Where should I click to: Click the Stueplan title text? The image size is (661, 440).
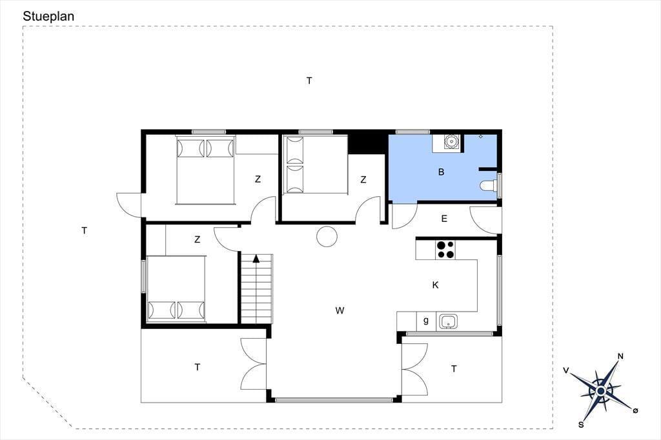pyautogui.click(x=48, y=16)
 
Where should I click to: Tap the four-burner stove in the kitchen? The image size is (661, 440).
pyautogui.click(x=445, y=249)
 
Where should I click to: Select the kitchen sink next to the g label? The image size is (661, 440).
pyautogui.click(x=449, y=321)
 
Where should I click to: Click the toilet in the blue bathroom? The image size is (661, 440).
pyautogui.click(x=489, y=185)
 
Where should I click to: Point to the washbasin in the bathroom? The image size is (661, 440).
pyautogui.click(x=451, y=141)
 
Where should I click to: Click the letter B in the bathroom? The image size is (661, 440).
pyautogui.click(x=442, y=172)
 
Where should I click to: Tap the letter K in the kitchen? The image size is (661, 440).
pyautogui.click(x=436, y=285)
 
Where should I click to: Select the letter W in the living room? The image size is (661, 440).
pyautogui.click(x=340, y=310)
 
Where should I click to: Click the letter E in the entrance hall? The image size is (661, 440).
pyautogui.click(x=444, y=219)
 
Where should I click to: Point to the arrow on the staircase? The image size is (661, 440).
pyautogui.click(x=256, y=258)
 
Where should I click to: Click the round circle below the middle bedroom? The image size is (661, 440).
pyautogui.click(x=327, y=236)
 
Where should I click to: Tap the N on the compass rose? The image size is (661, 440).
pyautogui.click(x=620, y=357)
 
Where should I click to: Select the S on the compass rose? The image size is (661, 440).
pyautogui.click(x=581, y=425)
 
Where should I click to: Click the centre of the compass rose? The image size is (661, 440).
pyautogui.click(x=601, y=391)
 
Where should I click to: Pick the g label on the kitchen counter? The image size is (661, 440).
pyautogui.click(x=426, y=321)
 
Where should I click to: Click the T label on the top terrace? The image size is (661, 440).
pyautogui.click(x=309, y=81)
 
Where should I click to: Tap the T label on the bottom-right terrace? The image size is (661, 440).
pyautogui.click(x=454, y=369)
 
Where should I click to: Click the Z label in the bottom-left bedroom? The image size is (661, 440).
pyautogui.click(x=198, y=240)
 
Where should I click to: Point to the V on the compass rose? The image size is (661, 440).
pyautogui.click(x=566, y=370)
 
